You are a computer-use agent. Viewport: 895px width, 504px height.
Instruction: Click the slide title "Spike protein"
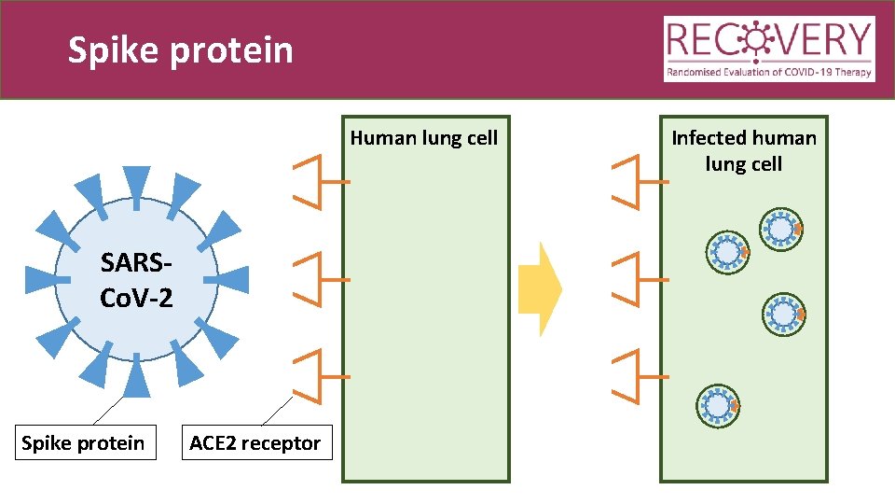tap(181, 50)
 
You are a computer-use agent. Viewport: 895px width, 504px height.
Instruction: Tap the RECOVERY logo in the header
tap(769, 49)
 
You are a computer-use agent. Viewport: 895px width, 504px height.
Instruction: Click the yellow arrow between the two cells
tap(540, 288)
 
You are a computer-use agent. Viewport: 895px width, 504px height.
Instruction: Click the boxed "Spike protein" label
tap(83, 442)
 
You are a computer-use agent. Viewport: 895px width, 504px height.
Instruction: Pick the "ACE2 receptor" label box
tap(255, 442)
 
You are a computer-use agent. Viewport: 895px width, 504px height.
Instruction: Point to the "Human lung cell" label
tap(424, 138)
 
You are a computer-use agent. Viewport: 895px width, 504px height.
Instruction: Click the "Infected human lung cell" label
tap(743, 150)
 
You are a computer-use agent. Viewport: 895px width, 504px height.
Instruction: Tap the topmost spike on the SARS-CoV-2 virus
tap(136, 185)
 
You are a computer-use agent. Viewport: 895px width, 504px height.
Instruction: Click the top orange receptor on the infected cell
tap(631, 181)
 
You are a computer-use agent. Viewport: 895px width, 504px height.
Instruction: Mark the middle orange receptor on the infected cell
tap(631, 278)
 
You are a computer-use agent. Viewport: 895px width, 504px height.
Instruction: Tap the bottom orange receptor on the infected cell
tap(631, 376)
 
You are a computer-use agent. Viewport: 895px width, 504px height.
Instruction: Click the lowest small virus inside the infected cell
tap(719, 405)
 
